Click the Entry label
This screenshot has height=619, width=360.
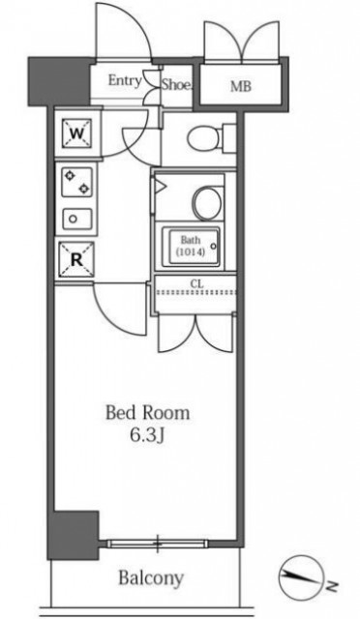tap(125, 81)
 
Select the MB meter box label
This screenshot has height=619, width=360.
tap(241, 86)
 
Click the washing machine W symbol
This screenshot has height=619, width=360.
tap(76, 133)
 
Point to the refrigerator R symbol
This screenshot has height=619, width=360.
tap(76, 259)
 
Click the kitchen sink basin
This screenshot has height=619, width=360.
tap(76, 219)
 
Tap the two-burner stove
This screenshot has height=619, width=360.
tap(76, 183)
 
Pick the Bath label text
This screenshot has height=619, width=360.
tap(191, 240)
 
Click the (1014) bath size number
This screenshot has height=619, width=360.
tap(191, 252)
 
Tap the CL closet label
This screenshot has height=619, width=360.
tap(195, 283)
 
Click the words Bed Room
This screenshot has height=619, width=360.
tap(147, 413)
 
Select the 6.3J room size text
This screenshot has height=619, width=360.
tap(146, 435)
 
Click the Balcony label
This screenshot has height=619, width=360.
tap(151, 578)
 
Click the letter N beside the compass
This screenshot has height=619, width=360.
tap(333, 585)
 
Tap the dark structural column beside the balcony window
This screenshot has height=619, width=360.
tap(74, 535)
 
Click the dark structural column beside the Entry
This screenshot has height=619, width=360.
tap(59, 81)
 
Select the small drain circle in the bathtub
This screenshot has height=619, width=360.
tap(214, 247)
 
